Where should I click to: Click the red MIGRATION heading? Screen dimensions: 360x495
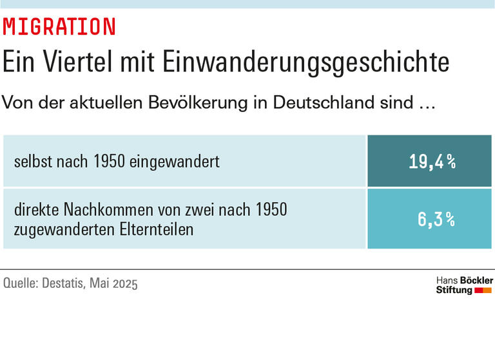pos(59,27)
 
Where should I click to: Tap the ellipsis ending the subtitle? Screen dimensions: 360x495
pos(422,103)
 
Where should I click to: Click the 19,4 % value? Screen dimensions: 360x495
pos(432,162)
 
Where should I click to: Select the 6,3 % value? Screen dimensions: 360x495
pos(436,220)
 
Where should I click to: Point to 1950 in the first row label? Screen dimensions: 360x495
pos(110,162)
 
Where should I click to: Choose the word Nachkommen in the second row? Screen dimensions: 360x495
pos(102,210)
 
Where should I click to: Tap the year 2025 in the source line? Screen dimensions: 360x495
pos(124,283)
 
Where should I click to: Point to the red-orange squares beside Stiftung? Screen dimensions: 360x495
pos(483,290)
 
